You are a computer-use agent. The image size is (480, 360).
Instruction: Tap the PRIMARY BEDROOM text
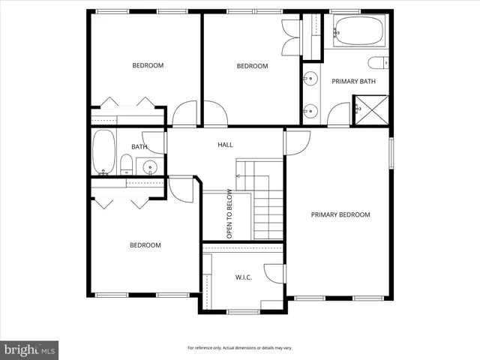tap(340, 214)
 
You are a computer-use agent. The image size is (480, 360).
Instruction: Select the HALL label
tap(225, 144)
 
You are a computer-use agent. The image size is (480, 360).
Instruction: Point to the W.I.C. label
tap(243, 277)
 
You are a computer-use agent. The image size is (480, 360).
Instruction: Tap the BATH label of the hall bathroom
tap(139, 146)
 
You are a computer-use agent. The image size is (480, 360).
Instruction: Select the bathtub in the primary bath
tap(358, 32)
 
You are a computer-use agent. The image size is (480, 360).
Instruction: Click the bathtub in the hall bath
tap(103, 151)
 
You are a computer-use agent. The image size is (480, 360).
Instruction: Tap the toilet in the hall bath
tap(126, 163)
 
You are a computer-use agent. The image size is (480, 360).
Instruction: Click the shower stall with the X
tap(370, 109)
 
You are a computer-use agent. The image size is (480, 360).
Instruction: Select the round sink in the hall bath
tap(150, 166)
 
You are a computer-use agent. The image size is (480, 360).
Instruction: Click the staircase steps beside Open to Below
tap(268, 214)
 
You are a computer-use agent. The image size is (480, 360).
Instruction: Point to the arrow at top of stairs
tap(238, 176)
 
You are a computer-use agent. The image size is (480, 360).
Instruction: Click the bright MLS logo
tap(30, 349)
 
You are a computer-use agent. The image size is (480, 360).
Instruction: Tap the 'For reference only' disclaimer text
tap(240, 348)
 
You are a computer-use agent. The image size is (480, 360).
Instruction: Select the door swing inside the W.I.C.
tap(274, 274)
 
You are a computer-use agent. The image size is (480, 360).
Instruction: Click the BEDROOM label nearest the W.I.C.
tap(145, 245)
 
